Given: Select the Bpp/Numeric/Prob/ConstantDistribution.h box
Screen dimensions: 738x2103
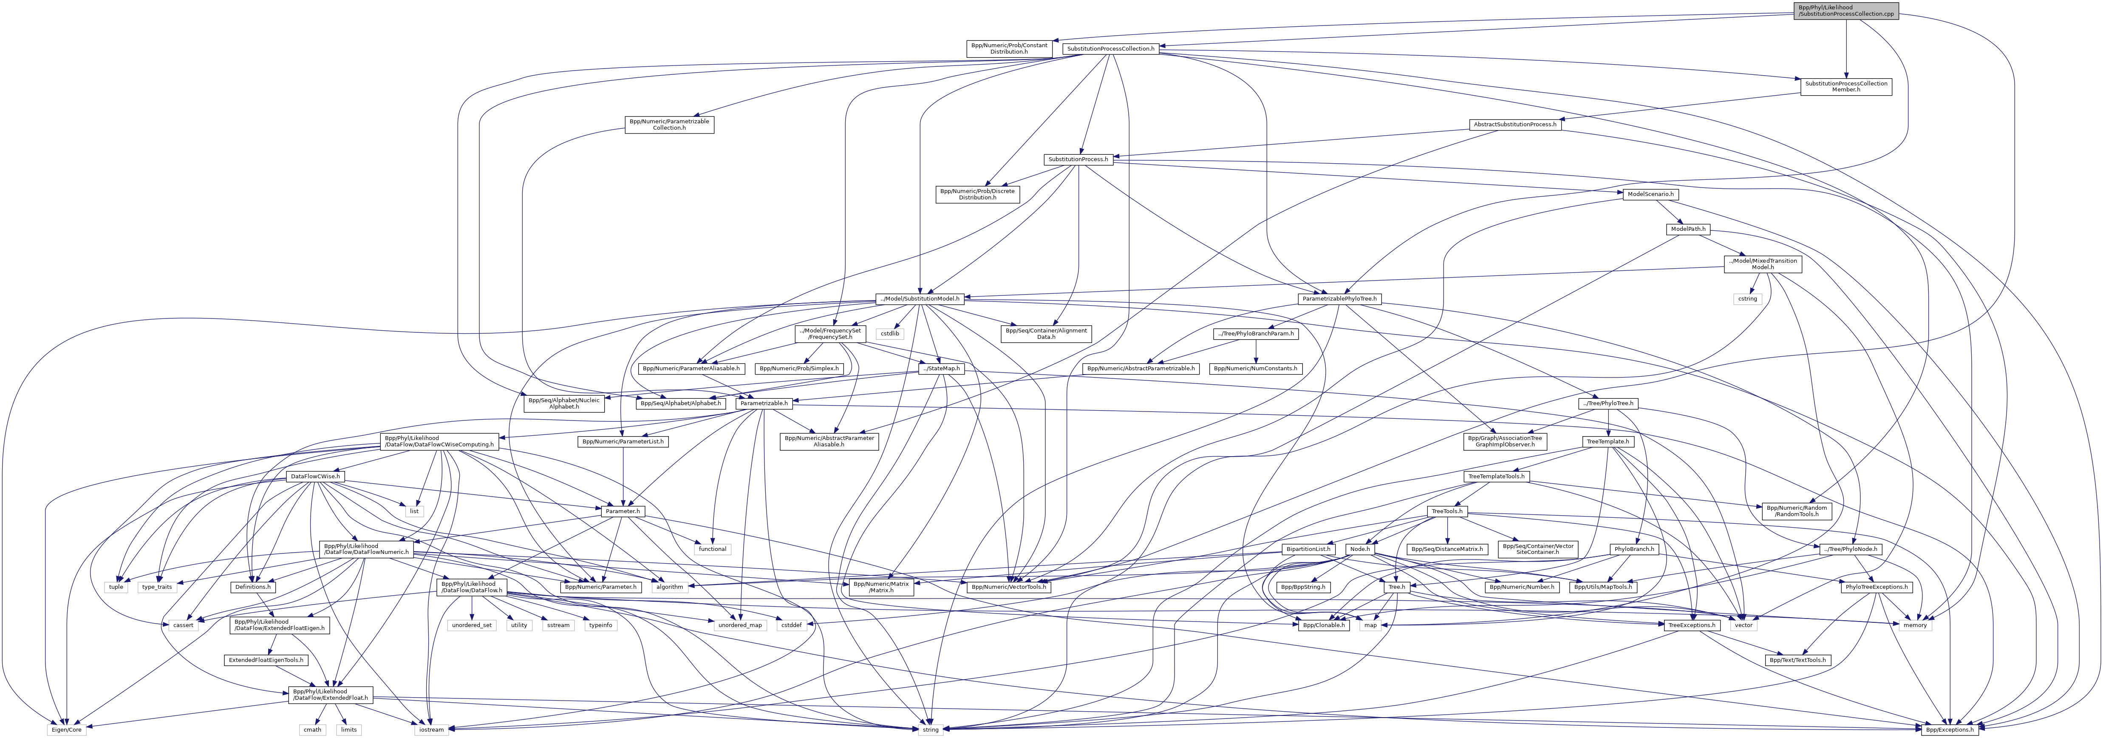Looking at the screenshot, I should [1009, 48].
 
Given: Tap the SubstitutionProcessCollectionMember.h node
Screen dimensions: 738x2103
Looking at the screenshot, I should [1846, 87].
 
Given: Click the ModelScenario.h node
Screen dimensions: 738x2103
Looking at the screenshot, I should [1651, 194].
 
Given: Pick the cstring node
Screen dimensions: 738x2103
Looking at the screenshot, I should [1747, 299].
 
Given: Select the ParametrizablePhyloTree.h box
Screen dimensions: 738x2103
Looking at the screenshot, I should [1339, 299].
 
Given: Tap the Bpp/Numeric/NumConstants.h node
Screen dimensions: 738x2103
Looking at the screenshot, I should [1255, 368].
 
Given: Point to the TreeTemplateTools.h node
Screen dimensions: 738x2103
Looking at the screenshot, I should [1497, 476].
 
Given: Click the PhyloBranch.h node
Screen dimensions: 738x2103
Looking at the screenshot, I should [1633, 549].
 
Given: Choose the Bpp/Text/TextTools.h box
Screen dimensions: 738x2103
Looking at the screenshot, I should [1797, 660].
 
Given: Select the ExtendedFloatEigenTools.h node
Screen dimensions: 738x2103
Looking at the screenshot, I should [266, 660].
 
